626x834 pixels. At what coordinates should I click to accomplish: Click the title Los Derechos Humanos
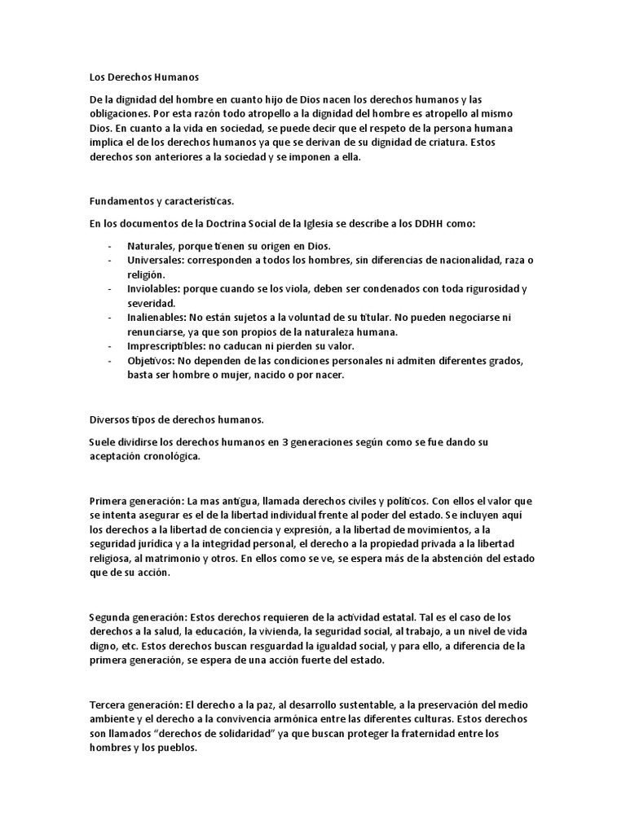coord(143,78)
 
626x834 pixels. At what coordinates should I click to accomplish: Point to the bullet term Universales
coord(155,261)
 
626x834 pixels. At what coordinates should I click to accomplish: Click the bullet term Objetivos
coord(149,360)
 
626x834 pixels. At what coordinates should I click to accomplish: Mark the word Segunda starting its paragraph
coord(113,617)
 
